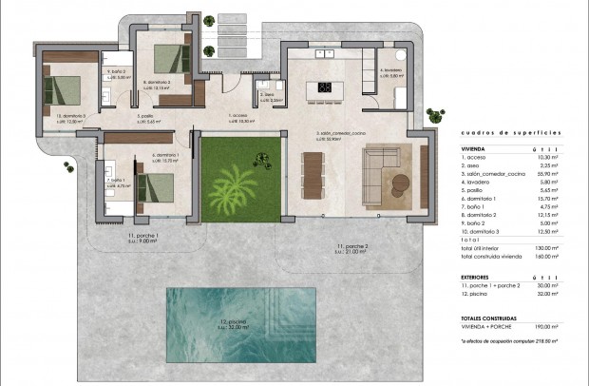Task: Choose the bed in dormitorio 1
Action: point(150,186)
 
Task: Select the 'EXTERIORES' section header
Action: point(480,276)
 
